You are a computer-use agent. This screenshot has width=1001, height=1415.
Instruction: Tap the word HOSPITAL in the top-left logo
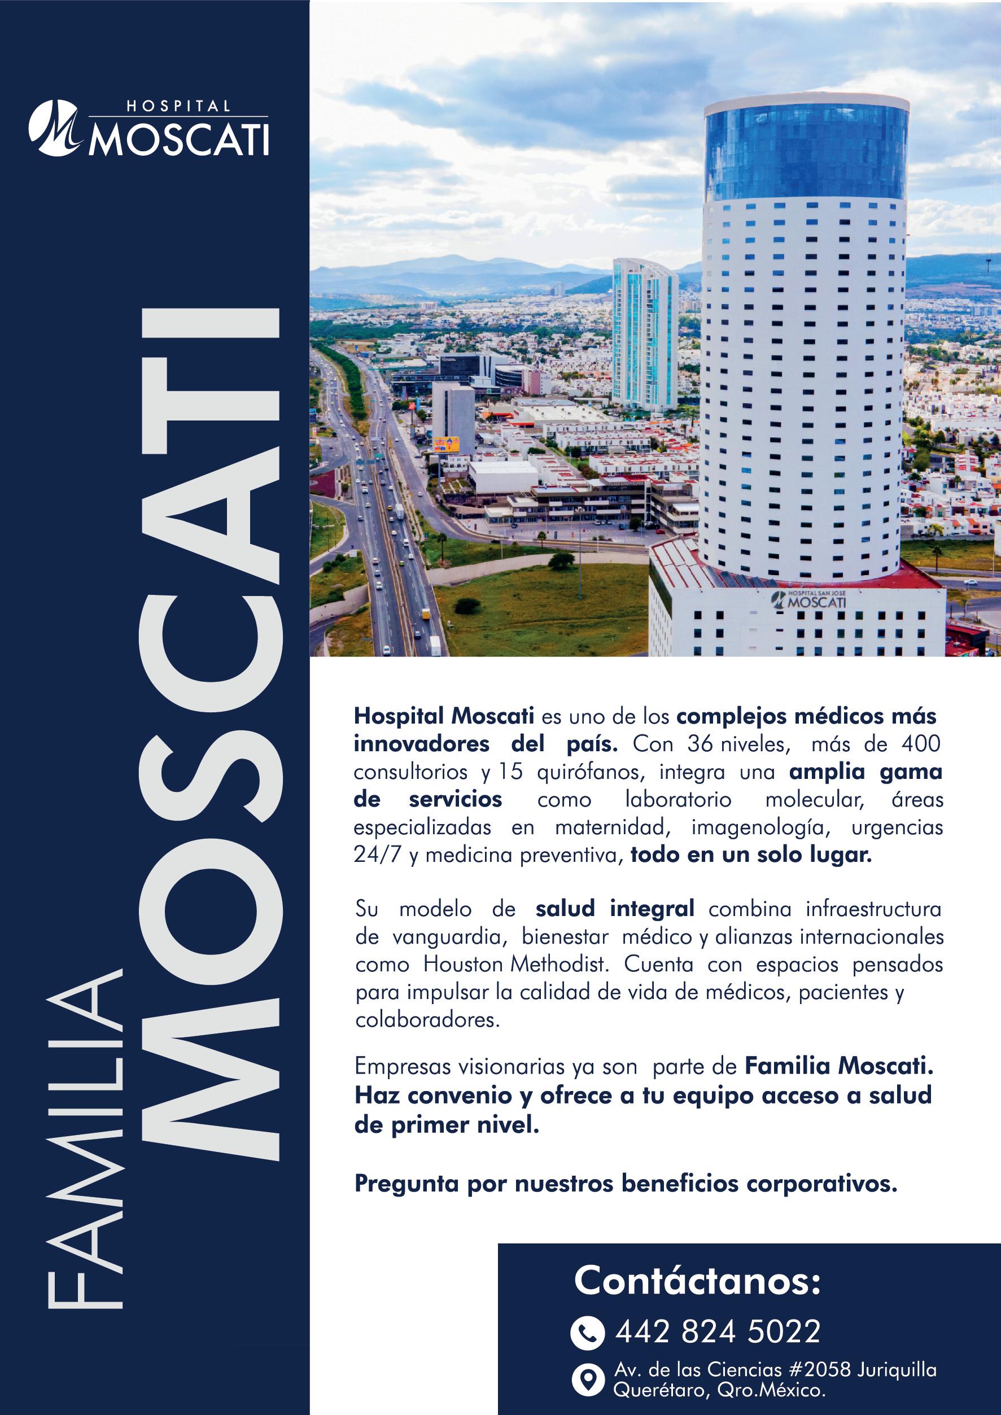click(179, 106)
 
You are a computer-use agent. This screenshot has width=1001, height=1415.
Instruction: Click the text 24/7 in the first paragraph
click(377, 856)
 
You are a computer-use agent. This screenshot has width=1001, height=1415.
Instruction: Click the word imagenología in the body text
click(758, 827)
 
